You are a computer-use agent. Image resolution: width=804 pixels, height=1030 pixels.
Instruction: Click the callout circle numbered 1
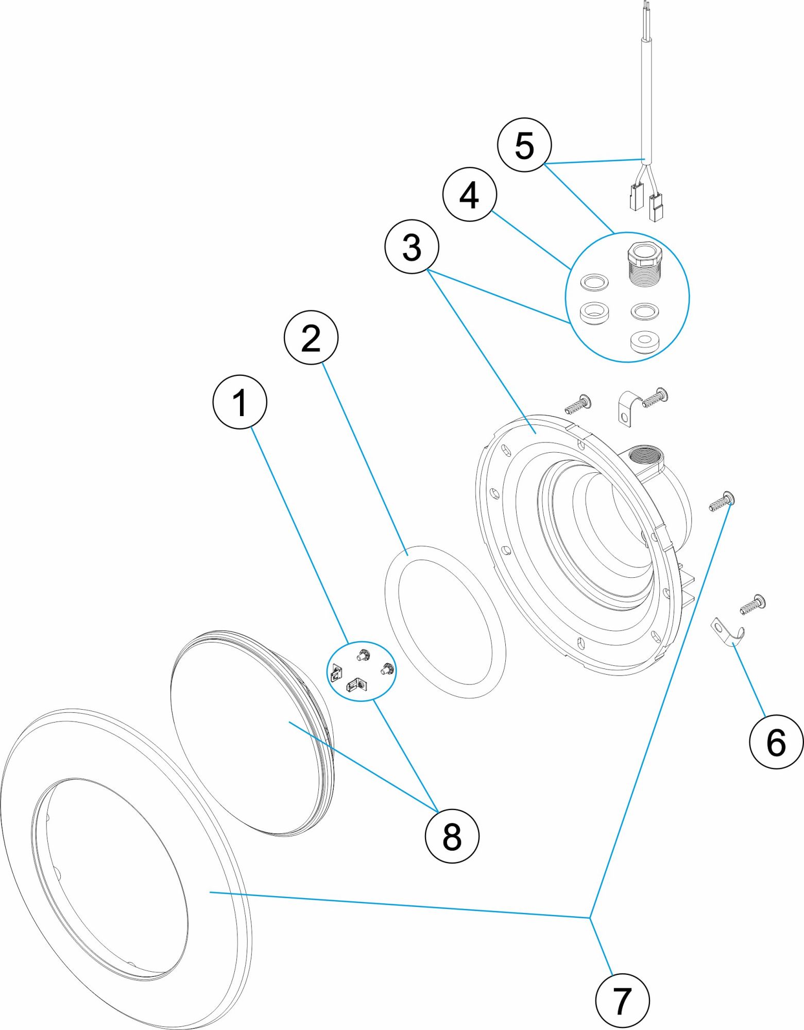pos(240,402)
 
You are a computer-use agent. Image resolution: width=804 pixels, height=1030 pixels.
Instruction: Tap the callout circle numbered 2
pos(311,337)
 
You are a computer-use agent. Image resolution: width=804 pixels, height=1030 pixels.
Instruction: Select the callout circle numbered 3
pos(412,247)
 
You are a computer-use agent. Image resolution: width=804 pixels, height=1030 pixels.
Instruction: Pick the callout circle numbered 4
pos(469,195)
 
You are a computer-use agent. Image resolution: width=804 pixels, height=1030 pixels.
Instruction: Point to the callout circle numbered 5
pos(524,145)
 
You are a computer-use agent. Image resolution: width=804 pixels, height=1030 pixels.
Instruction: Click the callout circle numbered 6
pos(776,742)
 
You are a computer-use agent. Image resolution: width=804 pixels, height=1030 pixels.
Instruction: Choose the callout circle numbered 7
pos(622,1000)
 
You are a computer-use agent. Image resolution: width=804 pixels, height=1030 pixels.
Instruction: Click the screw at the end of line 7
pos(722,502)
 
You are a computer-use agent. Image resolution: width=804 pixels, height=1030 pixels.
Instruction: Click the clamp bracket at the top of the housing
pos(627,409)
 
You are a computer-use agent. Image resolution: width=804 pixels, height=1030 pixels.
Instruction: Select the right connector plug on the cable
pos(656,207)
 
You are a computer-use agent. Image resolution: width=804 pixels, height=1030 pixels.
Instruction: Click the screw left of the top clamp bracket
pos(578,404)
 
